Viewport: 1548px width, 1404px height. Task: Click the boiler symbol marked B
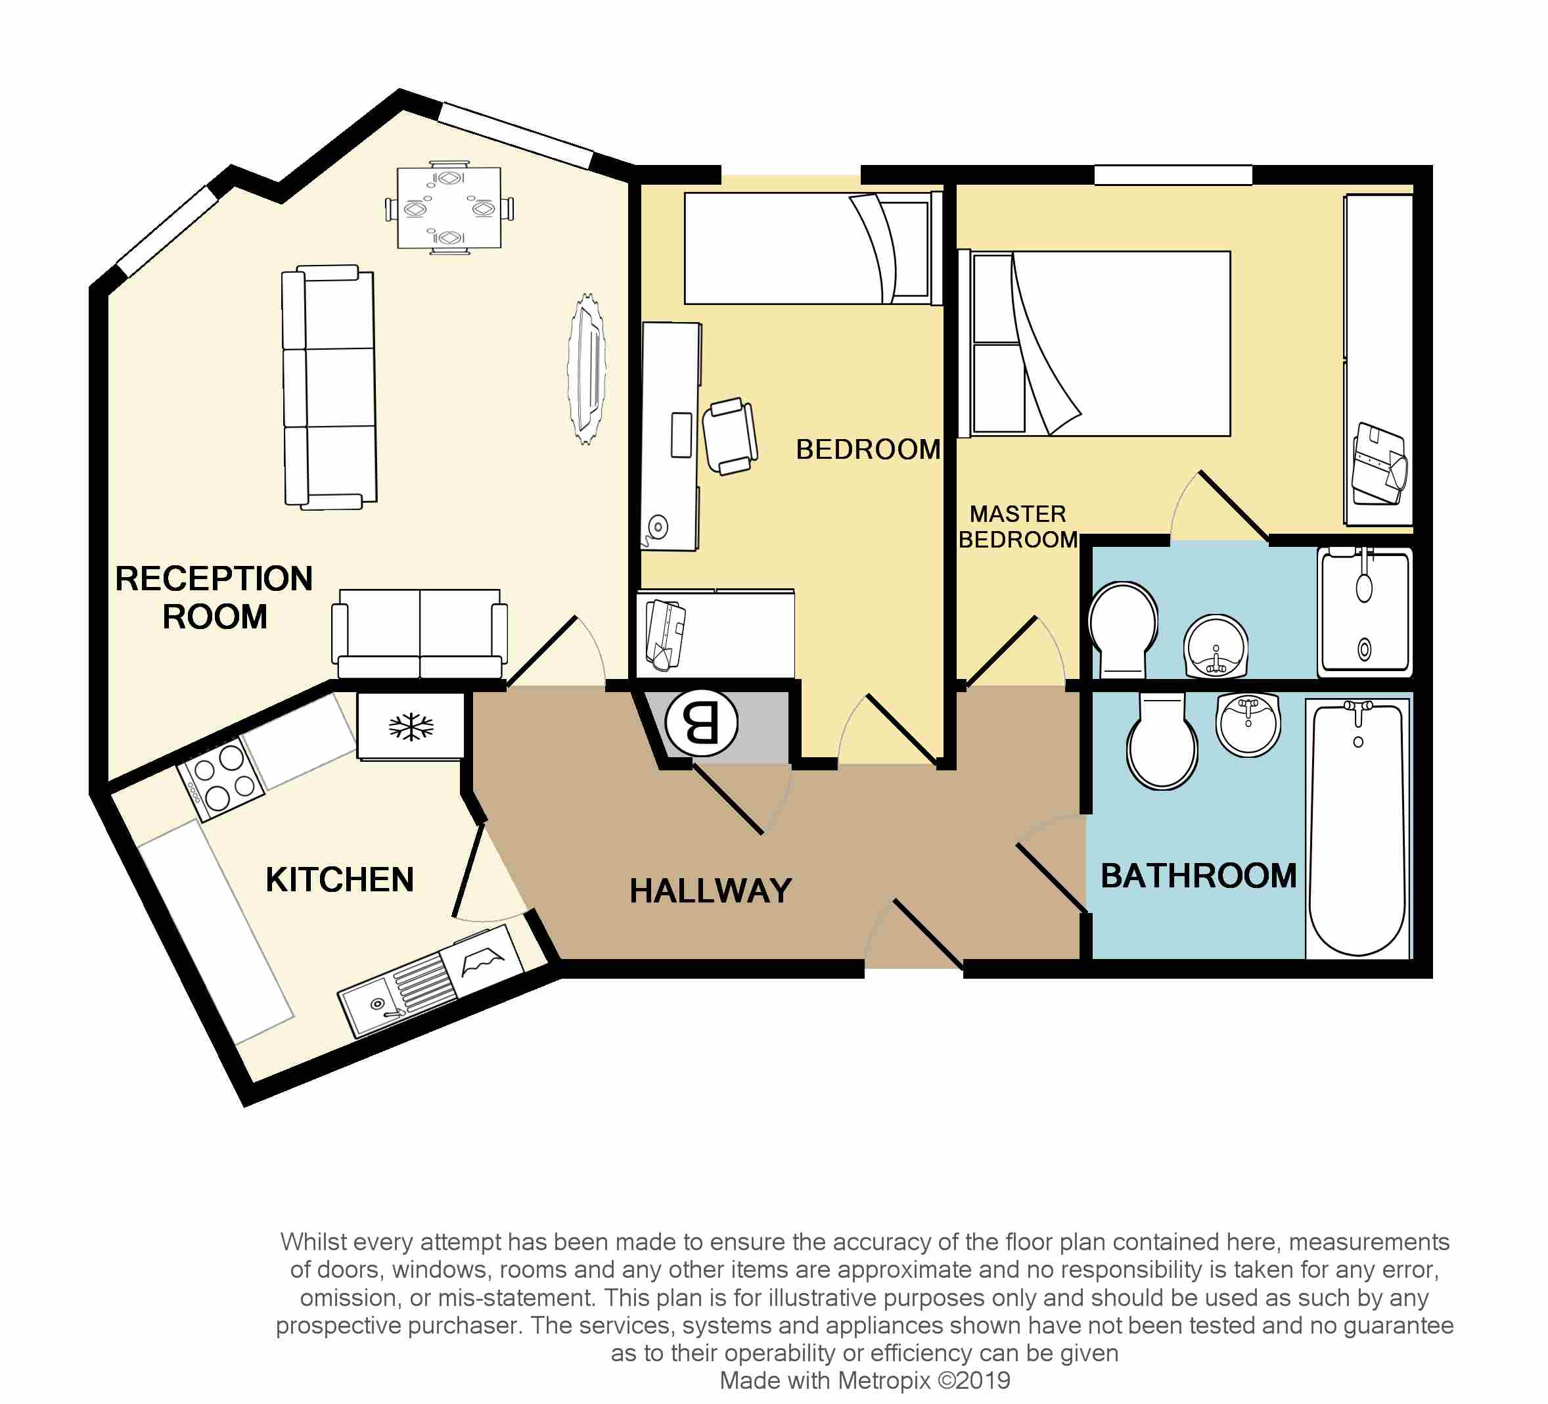point(701,723)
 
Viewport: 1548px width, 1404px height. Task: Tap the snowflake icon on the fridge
point(411,726)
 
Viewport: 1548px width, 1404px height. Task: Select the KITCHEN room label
point(340,879)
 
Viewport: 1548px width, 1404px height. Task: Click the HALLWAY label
point(710,891)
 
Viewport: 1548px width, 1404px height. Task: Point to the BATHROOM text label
point(1198,876)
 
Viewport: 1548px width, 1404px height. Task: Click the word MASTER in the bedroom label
point(1017,514)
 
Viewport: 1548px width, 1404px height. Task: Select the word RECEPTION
point(214,578)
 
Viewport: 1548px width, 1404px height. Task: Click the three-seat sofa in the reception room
point(329,388)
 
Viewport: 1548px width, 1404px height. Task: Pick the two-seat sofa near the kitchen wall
point(419,634)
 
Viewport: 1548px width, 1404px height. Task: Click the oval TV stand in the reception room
point(587,369)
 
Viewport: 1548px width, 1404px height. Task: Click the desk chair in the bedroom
point(729,436)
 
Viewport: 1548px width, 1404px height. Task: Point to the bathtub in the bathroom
point(1357,828)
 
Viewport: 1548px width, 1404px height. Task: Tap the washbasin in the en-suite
point(1216,646)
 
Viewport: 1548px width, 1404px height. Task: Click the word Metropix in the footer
point(884,1380)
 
